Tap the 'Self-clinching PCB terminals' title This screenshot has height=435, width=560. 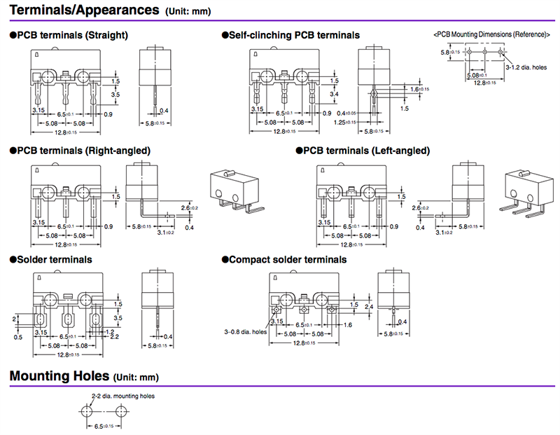(294, 35)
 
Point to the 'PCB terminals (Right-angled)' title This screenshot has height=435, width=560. (83, 151)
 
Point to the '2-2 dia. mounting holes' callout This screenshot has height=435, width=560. (123, 396)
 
